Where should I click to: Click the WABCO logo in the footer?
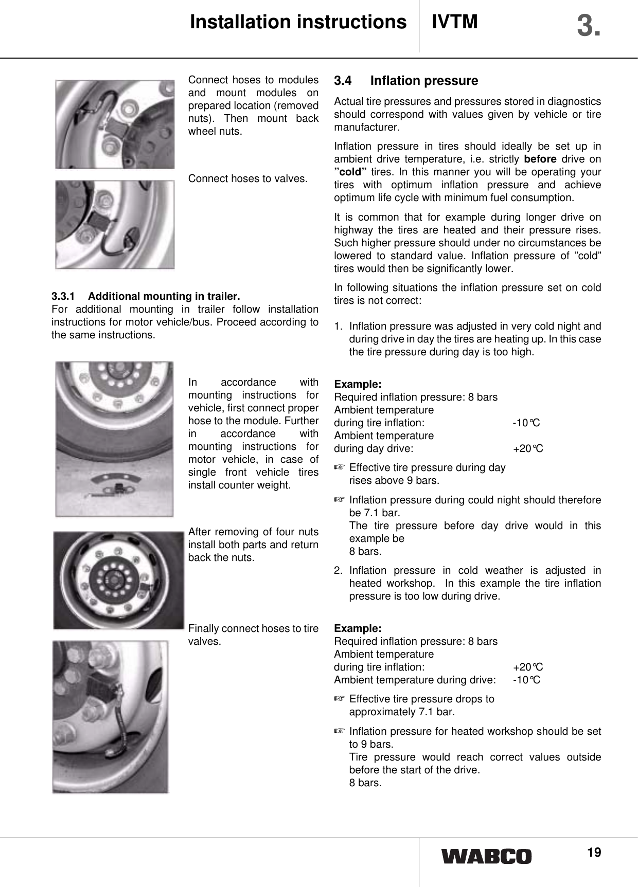(x=486, y=856)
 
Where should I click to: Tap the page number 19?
(x=594, y=852)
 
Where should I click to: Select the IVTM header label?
(x=455, y=22)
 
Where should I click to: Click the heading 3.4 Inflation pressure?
(x=405, y=81)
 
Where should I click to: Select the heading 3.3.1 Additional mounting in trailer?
(x=146, y=296)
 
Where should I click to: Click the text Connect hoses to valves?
(x=248, y=179)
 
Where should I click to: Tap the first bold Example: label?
(x=358, y=384)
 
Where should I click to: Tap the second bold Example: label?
(x=358, y=628)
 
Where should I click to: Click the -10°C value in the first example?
(x=526, y=423)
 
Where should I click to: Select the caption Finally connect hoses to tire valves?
(x=253, y=635)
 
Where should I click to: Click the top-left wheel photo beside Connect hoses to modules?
(x=115, y=124)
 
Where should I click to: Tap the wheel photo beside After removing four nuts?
(x=118, y=581)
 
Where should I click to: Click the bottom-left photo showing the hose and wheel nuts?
(x=110, y=716)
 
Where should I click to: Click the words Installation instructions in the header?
(x=298, y=22)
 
